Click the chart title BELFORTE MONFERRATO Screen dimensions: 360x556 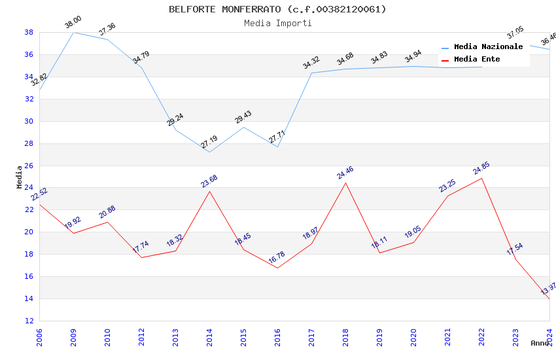click(277, 9)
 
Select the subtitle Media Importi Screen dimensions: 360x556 click(277, 23)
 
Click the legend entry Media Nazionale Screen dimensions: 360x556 click(488, 47)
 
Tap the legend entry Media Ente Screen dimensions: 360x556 click(477, 60)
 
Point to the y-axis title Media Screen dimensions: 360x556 click(19, 177)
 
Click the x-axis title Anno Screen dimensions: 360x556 click(540, 343)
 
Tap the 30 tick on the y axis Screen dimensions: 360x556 click(29, 121)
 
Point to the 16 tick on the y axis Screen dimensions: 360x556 click(29, 277)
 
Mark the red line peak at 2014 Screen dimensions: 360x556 click(209, 191)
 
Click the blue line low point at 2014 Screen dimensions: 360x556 click(209, 153)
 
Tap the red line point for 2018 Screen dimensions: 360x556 click(345, 183)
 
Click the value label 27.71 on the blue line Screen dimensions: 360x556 click(277, 137)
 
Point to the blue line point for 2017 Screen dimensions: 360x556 click(311, 73)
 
